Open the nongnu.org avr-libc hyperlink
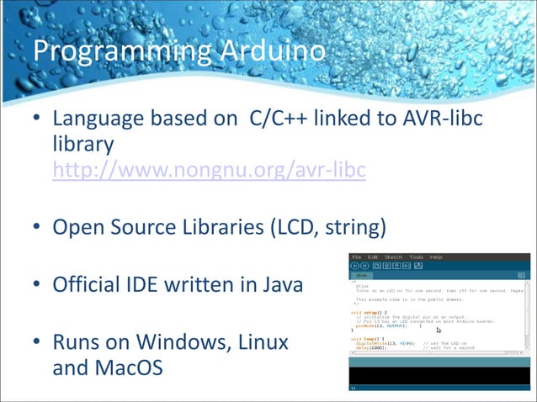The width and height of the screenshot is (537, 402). point(209,172)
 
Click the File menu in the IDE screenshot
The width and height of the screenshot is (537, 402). point(357,257)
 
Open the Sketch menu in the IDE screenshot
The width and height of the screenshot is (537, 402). point(393,257)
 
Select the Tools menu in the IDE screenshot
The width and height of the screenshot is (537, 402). point(416,257)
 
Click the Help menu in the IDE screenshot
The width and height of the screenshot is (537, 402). point(436,257)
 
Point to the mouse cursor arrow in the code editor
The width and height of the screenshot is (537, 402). point(439,331)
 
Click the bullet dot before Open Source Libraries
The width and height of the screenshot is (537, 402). point(36,228)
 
